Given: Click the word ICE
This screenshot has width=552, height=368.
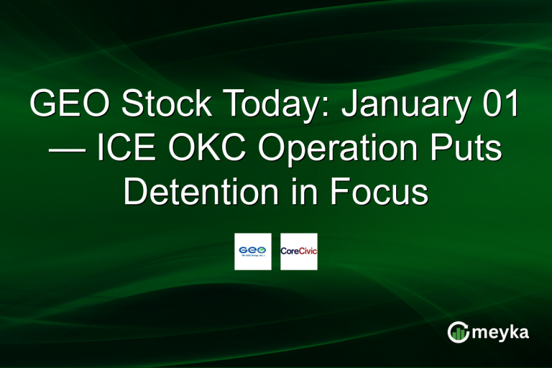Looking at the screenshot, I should [x=121, y=150].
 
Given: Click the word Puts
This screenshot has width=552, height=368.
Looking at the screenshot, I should [x=468, y=150].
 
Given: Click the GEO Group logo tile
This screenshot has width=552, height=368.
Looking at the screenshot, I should [x=253, y=252].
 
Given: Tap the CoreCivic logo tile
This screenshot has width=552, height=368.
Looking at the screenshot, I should [x=299, y=252].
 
